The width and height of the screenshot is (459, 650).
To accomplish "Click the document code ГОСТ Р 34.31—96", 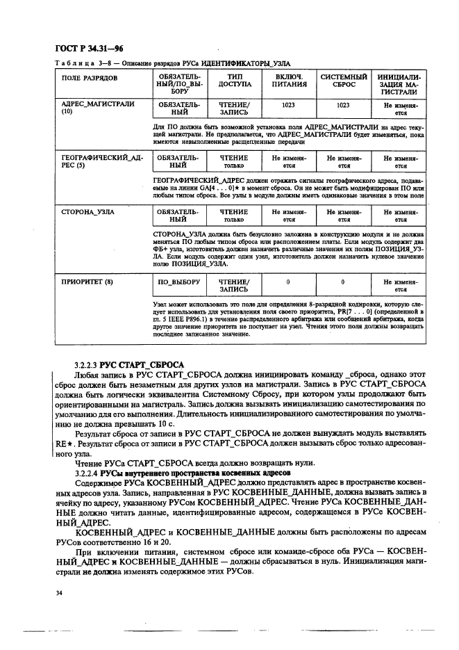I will pos(81,48).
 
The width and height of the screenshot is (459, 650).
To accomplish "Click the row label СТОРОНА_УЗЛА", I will pos(88,209).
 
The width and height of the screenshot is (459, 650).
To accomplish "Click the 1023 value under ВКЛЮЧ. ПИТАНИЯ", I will pos(288,104).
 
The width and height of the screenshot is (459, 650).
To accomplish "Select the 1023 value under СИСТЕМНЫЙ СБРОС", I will pos(343,104).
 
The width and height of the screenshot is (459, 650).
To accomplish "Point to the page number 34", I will pos(58,592).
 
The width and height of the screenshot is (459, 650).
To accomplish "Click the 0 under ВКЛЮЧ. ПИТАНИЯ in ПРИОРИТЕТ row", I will pos(288,282).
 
